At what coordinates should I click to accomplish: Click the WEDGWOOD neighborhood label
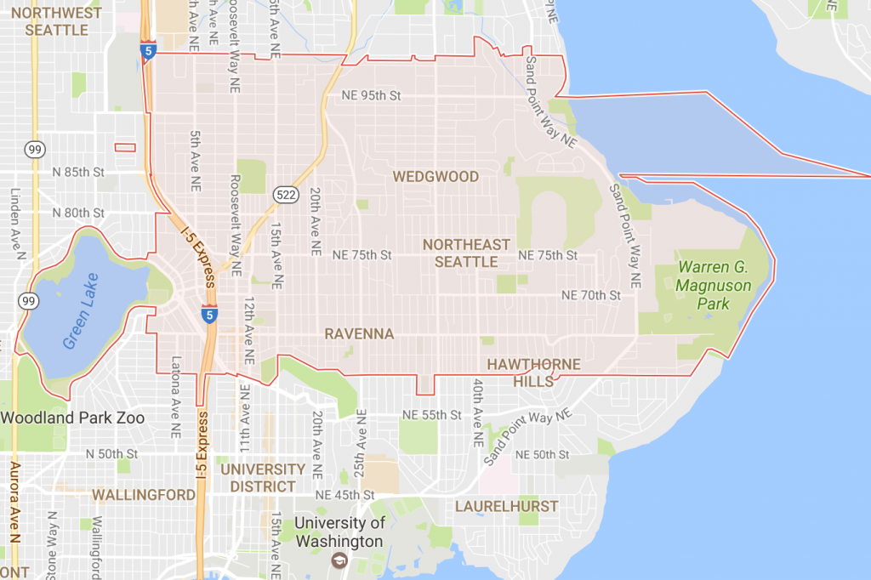tap(435, 177)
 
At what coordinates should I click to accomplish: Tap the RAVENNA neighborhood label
tap(359, 334)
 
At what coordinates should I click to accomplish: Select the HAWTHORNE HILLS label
tap(533, 372)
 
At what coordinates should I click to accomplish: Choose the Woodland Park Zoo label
tap(72, 418)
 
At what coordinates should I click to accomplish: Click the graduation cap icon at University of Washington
tap(339, 560)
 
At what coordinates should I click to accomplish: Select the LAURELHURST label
tap(506, 506)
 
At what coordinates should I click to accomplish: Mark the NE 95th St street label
tap(371, 95)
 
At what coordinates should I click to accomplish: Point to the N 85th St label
tap(77, 172)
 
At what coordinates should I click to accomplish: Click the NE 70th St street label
tap(592, 295)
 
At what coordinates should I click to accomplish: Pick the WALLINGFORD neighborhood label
tap(143, 494)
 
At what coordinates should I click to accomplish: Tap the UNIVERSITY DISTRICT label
tap(263, 478)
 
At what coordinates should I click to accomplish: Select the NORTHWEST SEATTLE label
tap(57, 21)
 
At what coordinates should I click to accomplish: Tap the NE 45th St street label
tap(344, 495)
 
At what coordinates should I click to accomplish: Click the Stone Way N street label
tap(54, 544)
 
